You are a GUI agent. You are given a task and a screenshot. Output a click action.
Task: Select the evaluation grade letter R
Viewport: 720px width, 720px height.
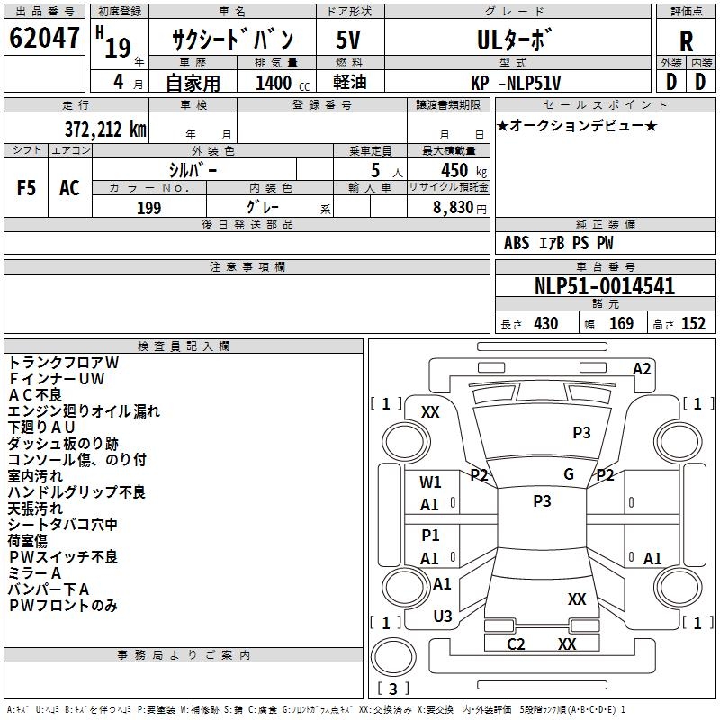click(x=686, y=41)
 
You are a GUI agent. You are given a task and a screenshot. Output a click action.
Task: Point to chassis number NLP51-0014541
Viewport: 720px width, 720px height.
click(x=605, y=286)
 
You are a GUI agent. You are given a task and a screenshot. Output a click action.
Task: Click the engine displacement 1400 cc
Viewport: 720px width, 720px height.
click(x=274, y=83)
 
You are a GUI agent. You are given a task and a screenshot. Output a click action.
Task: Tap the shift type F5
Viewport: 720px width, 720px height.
click(x=26, y=188)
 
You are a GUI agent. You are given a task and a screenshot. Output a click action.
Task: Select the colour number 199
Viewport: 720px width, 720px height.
click(x=148, y=208)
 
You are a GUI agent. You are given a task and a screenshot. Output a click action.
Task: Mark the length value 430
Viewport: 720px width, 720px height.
click(x=545, y=324)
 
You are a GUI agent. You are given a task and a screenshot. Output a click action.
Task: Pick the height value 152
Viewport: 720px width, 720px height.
click(x=693, y=324)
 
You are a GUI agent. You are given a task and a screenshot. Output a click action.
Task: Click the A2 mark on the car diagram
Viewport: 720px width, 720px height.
click(x=642, y=368)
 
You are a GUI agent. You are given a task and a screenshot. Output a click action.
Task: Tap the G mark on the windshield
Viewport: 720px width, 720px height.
click(x=569, y=474)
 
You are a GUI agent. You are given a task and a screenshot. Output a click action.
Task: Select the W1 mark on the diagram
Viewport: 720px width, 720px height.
click(x=431, y=482)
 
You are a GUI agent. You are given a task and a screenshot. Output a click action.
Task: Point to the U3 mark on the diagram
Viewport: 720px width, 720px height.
click(x=443, y=616)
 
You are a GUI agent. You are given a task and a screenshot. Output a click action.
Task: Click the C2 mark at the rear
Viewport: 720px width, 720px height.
click(x=516, y=643)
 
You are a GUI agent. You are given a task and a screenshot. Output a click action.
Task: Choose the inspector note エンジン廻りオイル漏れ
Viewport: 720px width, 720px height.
click(x=84, y=410)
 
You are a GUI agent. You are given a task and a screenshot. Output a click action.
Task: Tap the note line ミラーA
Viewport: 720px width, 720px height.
click(x=35, y=572)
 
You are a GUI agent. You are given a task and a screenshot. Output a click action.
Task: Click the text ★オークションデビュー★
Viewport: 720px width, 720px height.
click(x=577, y=125)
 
